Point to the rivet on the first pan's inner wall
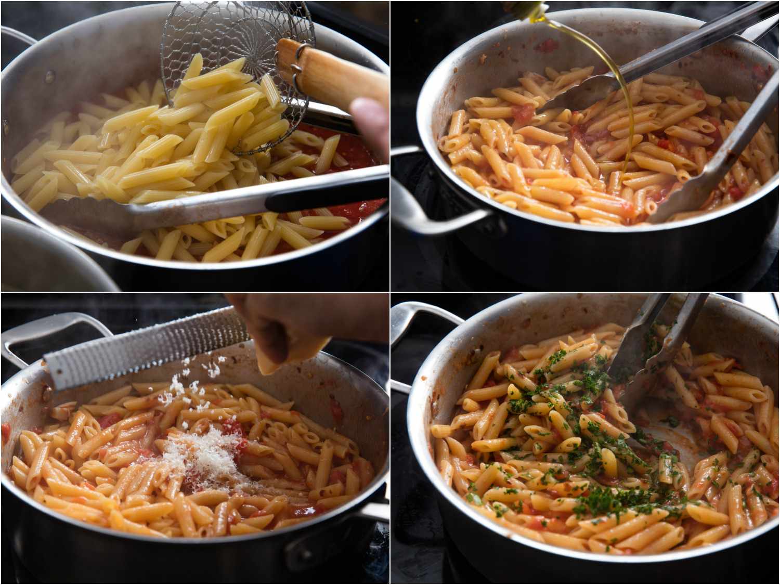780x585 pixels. click(50, 77)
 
